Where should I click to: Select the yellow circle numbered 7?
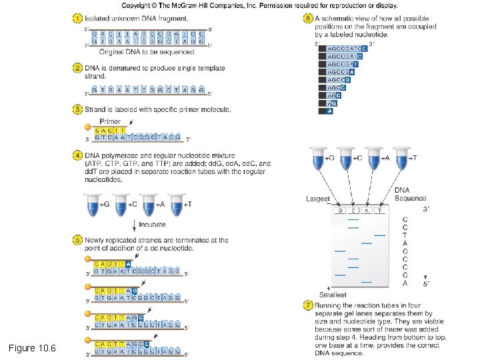307,305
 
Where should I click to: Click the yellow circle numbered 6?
307,18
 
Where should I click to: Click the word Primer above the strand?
110,121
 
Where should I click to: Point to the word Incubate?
152,225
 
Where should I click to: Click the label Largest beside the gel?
317,199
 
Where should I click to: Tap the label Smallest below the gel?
333,294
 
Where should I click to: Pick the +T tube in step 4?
176,205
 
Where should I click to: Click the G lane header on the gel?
340,211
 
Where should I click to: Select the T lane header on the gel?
379,211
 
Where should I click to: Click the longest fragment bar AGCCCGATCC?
343,49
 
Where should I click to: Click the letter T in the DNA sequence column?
405,235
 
